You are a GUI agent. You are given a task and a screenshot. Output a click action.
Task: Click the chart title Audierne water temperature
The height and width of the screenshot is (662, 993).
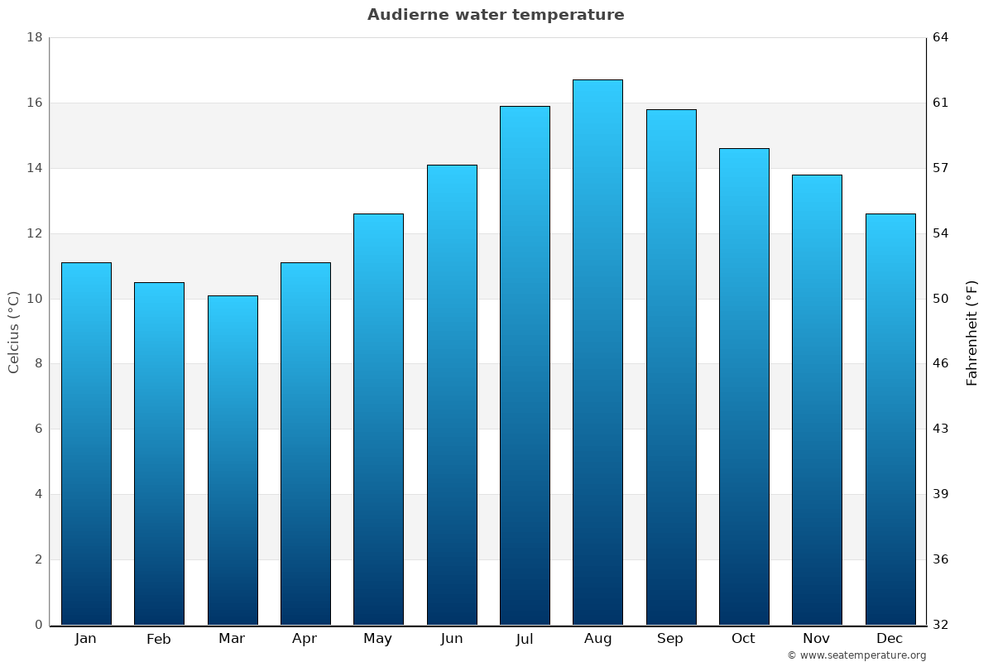click(496, 15)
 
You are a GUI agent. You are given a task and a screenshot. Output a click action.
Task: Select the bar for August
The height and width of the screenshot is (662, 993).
click(597, 352)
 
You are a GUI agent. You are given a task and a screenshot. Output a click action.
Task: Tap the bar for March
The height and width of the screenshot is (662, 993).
click(233, 459)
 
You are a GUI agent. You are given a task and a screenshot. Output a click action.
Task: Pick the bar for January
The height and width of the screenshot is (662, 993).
click(86, 443)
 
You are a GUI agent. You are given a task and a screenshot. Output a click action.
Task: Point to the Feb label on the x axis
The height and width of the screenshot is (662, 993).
click(159, 639)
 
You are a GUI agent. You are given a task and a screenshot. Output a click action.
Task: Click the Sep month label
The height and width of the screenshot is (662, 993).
click(670, 639)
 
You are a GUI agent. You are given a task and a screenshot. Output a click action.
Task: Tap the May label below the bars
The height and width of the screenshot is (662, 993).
click(378, 639)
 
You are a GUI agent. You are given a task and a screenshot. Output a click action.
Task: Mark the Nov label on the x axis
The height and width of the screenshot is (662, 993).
click(817, 639)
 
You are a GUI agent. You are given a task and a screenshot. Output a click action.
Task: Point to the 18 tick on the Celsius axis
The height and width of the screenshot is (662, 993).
click(35, 37)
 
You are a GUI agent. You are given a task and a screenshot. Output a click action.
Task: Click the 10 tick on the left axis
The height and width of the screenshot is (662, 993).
click(35, 299)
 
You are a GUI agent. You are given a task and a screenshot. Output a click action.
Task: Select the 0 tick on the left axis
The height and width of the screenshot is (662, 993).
click(38, 625)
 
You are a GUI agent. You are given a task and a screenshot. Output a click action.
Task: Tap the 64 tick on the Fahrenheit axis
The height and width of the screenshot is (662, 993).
click(942, 37)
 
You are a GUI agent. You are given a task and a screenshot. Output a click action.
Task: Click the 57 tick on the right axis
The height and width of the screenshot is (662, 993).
click(942, 168)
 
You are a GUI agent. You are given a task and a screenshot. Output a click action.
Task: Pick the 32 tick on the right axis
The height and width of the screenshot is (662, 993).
click(942, 625)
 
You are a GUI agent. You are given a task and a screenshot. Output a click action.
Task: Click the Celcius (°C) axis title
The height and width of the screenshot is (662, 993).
click(14, 332)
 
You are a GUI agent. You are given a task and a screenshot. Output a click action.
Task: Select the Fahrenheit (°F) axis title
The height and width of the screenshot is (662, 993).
click(972, 332)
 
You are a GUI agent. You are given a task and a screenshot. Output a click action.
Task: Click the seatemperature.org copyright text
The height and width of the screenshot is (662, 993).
click(856, 655)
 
